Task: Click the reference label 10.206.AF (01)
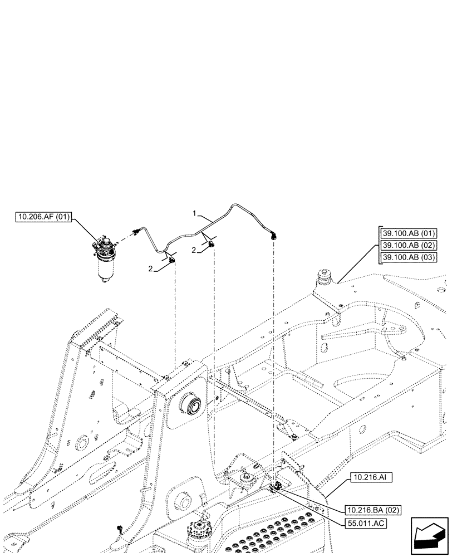[44, 218]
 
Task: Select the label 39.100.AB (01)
[410, 233]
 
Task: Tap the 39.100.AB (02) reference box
[410, 245]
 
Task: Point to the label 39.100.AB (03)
[410, 257]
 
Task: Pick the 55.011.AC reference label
[366, 523]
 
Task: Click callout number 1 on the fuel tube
[194, 213]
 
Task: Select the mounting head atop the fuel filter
[104, 247]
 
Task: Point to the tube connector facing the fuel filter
[135, 231]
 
